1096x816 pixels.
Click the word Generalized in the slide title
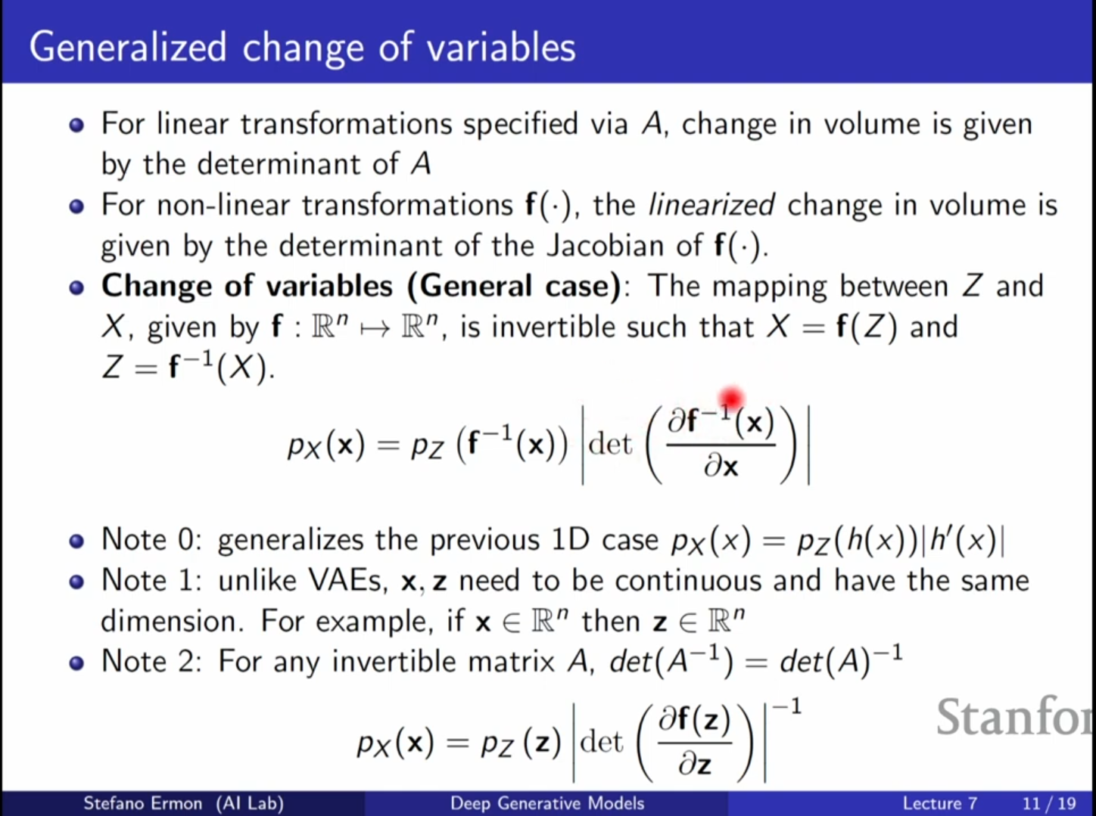pos(128,48)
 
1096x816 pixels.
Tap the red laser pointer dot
pos(731,398)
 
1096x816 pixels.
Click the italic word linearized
pos(711,205)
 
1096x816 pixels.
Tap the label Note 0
pos(151,539)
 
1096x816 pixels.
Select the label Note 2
pos(151,662)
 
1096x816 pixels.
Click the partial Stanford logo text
pos(1014,717)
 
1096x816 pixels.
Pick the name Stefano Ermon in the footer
pos(142,803)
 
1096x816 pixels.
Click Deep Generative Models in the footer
pos(547,803)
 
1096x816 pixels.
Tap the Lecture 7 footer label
pos(939,803)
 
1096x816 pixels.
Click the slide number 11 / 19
pos(1048,803)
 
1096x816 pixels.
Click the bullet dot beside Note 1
pos(76,582)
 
